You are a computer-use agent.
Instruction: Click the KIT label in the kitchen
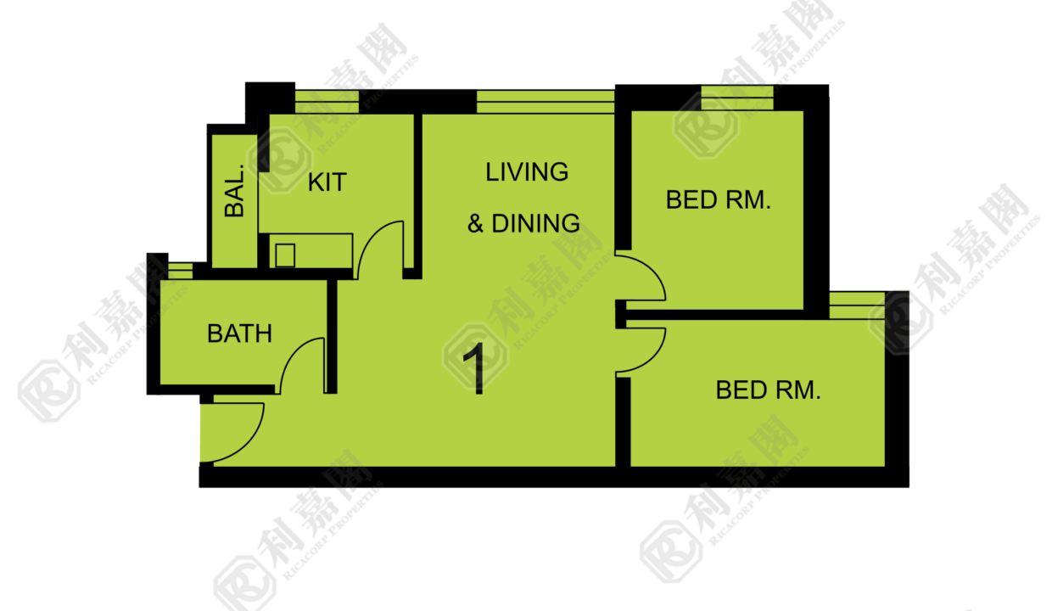coord(327,182)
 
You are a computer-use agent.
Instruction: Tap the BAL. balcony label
coord(234,191)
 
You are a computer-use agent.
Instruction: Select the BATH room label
coord(239,334)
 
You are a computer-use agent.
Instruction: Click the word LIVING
coord(527,172)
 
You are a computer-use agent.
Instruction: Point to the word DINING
coord(536,223)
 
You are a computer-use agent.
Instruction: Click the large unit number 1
coord(475,368)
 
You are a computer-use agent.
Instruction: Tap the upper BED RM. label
coord(719,200)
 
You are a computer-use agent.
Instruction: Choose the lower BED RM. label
coord(769,390)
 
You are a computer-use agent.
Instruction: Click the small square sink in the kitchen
coord(285,255)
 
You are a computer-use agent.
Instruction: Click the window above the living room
coord(546,102)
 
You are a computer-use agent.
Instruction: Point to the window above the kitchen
coord(327,102)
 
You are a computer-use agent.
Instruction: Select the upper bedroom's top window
coord(737,98)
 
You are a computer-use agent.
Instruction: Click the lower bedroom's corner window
coord(857,305)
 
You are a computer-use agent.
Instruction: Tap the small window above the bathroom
coord(181,271)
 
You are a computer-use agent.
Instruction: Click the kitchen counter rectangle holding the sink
coord(311,251)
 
